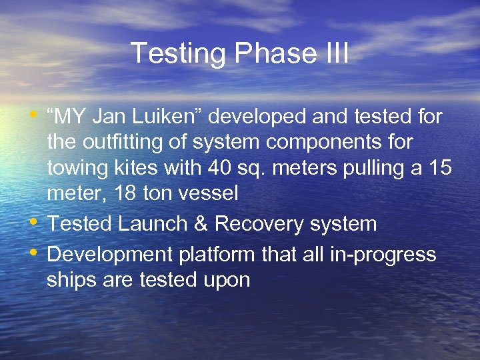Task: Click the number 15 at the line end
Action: [441, 168]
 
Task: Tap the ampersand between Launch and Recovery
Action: [199, 223]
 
